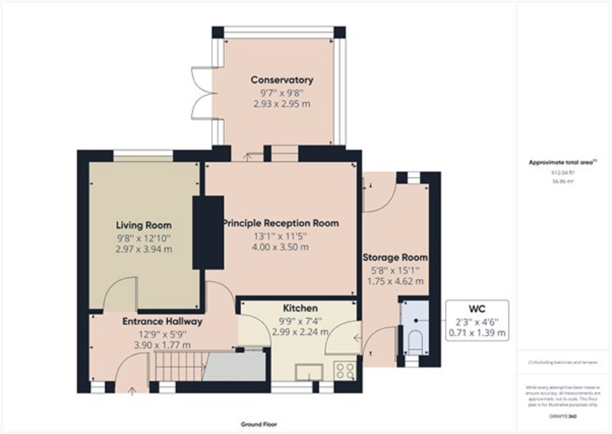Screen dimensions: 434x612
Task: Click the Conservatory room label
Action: pos(282,80)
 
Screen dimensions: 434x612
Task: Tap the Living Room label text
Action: pos(144,225)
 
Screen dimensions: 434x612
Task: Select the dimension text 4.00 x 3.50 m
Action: pos(280,247)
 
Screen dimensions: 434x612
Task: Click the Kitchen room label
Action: pos(300,308)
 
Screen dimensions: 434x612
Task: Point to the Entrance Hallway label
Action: pos(162,321)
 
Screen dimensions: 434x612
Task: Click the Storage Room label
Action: pos(395,258)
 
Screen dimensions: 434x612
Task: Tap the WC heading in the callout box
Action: pos(477,309)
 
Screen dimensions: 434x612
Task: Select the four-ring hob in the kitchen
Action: pos(345,371)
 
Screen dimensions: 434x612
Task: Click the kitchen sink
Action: pos(309,372)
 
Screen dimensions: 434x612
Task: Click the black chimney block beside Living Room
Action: pos(208,232)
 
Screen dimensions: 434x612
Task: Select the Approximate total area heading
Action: pos(562,162)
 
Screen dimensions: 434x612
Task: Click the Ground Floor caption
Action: pos(259,424)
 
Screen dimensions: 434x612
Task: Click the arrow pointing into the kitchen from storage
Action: pos(358,338)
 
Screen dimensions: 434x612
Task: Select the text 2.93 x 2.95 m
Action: pos(282,104)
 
